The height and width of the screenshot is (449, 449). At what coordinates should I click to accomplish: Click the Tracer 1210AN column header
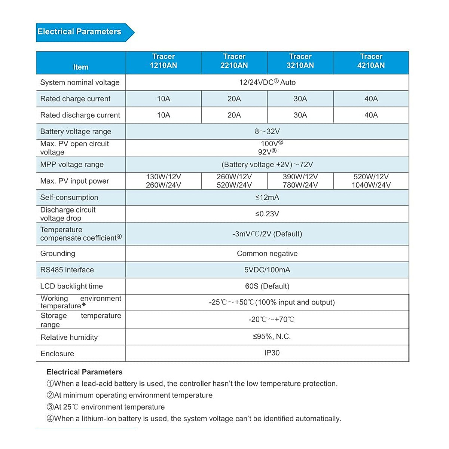click(164, 61)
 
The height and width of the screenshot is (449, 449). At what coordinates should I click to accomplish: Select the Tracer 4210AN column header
click(371, 61)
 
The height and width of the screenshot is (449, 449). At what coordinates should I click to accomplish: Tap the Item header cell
click(81, 67)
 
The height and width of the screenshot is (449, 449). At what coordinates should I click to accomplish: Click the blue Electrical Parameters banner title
click(80, 32)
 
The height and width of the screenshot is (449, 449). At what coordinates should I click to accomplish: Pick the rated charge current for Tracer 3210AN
click(300, 99)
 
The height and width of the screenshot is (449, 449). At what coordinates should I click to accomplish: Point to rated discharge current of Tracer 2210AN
click(234, 115)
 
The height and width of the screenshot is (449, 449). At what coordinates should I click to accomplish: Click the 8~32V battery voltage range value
click(267, 131)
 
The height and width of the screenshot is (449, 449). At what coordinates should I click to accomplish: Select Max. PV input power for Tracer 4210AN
click(371, 181)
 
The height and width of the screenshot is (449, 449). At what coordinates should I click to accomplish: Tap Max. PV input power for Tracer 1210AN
click(164, 181)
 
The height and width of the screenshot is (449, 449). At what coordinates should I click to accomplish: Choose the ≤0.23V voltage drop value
click(267, 214)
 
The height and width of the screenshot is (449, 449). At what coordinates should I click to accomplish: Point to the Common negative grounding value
click(267, 253)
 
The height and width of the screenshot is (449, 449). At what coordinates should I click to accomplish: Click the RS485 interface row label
click(67, 270)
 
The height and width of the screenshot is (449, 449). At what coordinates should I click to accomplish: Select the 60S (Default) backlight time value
click(267, 286)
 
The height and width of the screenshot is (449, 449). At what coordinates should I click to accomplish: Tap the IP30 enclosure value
click(272, 353)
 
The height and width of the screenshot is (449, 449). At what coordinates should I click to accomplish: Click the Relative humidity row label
click(69, 337)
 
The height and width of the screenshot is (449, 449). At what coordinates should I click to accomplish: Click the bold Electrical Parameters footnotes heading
click(85, 372)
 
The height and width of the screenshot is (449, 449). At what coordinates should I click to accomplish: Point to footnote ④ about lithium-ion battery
click(194, 419)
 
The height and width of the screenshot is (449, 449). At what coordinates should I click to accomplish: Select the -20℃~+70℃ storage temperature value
click(272, 320)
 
